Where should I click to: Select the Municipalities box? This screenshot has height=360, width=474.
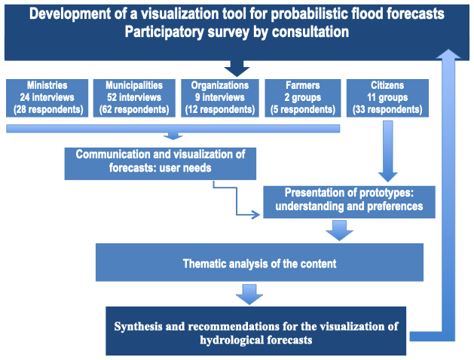tap(133, 98)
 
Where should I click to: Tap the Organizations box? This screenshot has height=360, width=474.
tap(220, 98)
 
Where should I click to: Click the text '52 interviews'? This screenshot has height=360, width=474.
tap(133, 98)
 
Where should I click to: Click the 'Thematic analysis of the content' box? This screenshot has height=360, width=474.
tap(259, 263)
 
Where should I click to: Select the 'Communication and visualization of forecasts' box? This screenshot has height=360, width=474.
tap(160, 163)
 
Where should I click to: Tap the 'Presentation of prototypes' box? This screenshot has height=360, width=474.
tap(349, 200)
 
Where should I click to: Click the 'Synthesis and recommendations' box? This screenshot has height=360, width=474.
tap(255, 332)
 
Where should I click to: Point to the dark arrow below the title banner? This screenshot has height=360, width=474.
tap(237, 68)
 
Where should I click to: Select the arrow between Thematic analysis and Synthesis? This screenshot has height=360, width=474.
tap(249, 294)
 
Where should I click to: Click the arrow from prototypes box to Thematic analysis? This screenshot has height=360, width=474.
tap(340, 229)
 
